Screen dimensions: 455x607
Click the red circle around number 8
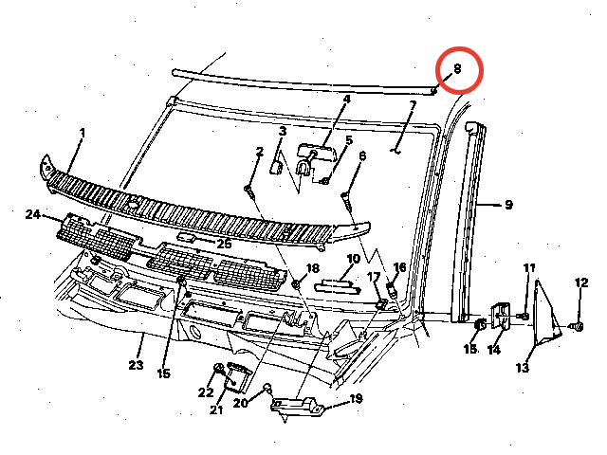click(460, 68)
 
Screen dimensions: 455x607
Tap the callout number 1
click(82, 134)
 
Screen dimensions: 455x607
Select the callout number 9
click(508, 204)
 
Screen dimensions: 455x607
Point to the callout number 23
click(136, 364)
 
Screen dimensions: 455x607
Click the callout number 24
click(33, 215)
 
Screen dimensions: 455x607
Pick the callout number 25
click(224, 244)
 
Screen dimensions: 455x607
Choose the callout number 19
click(356, 399)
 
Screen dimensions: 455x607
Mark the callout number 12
click(581, 282)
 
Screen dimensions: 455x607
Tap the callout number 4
click(346, 99)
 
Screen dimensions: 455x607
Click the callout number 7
click(413, 105)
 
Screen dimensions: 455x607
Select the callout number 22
click(206, 392)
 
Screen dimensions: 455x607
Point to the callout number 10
click(352, 259)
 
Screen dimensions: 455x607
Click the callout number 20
click(240, 403)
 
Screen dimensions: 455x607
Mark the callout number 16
click(399, 267)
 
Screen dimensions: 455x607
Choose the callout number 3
click(282, 130)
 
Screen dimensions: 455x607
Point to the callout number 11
click(529, 268)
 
